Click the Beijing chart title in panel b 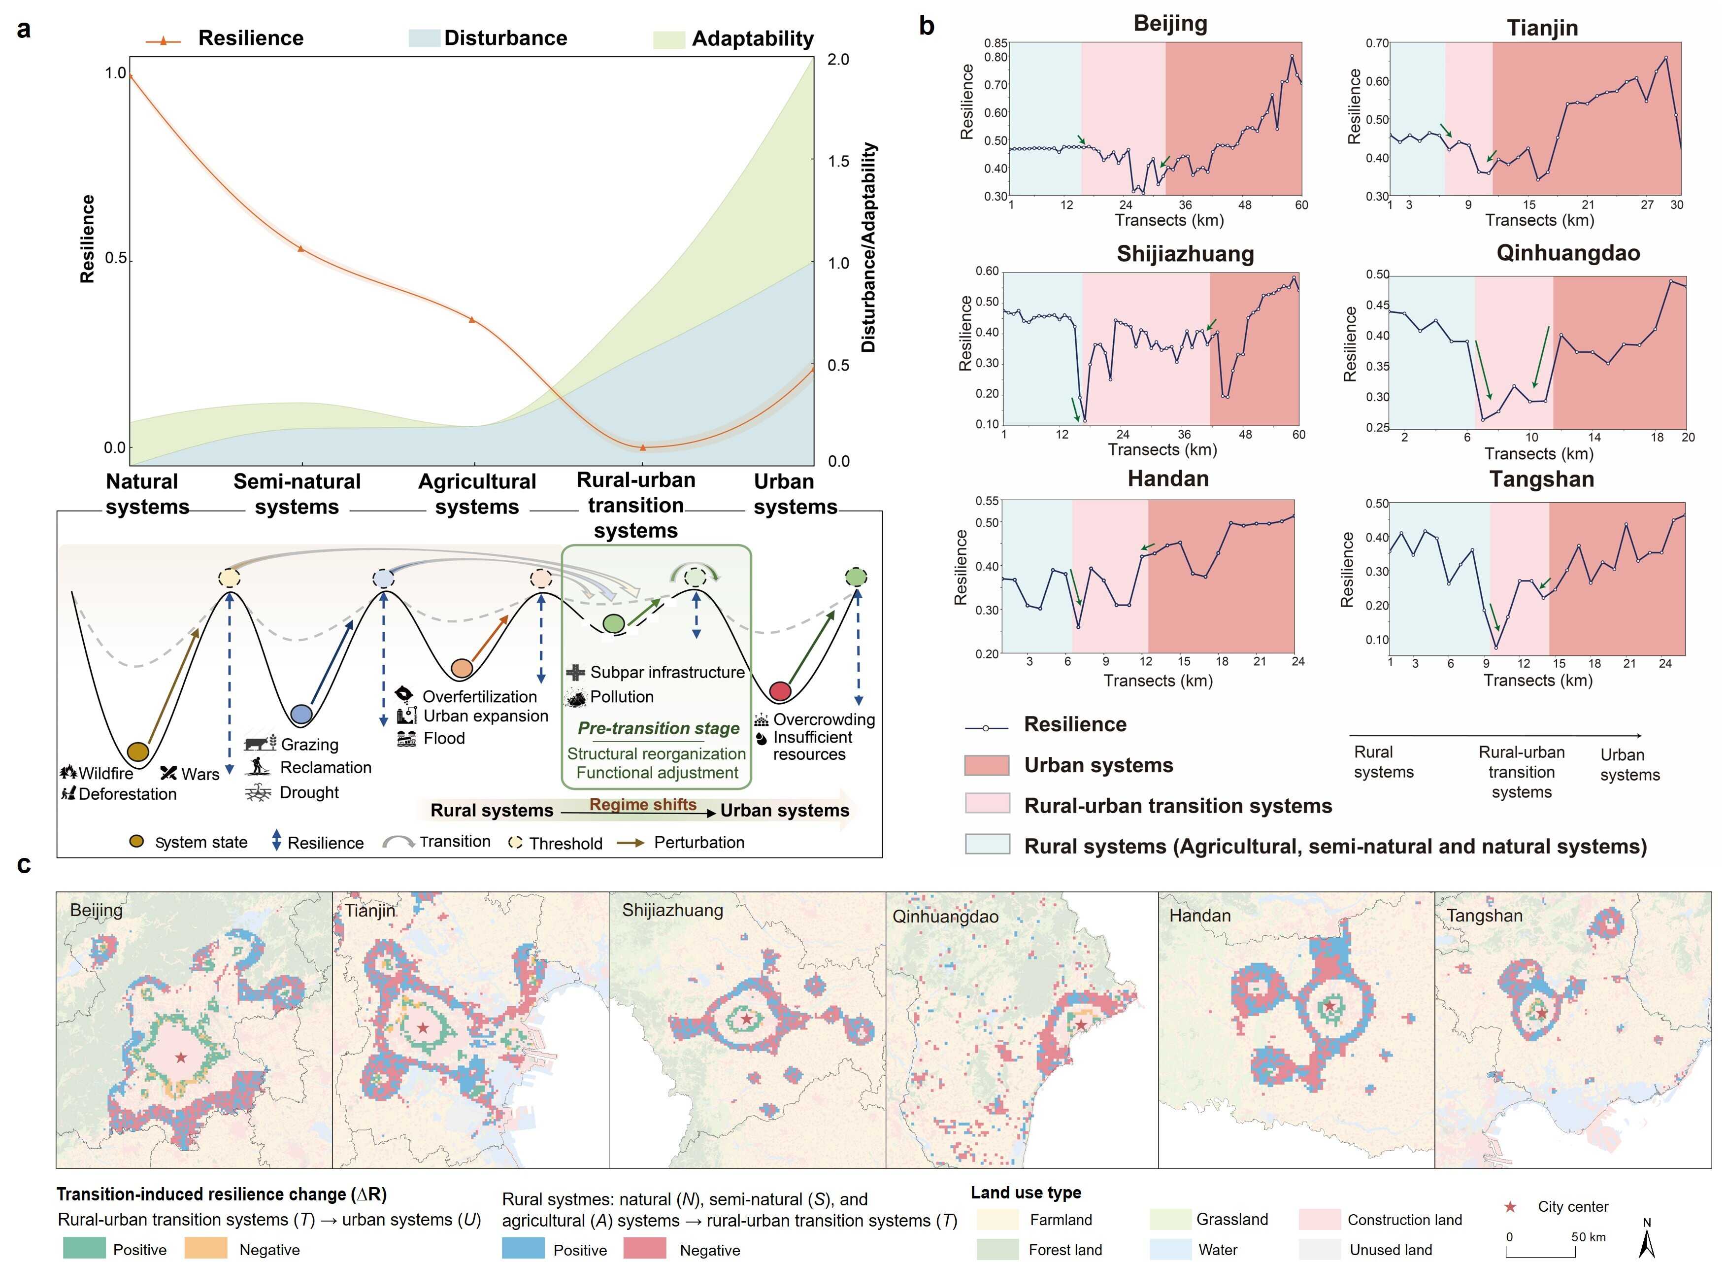pos(1170,23)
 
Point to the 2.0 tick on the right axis pos(838,60)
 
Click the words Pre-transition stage pos(658,728)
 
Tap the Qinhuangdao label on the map pos(945,916)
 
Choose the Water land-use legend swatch pos(1170,1250)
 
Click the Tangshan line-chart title pos(1541,479)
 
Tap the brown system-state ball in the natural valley pos(137,751)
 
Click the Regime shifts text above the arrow pos(643,804)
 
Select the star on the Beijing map pos(180,1057)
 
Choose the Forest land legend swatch pos(997,1250)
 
